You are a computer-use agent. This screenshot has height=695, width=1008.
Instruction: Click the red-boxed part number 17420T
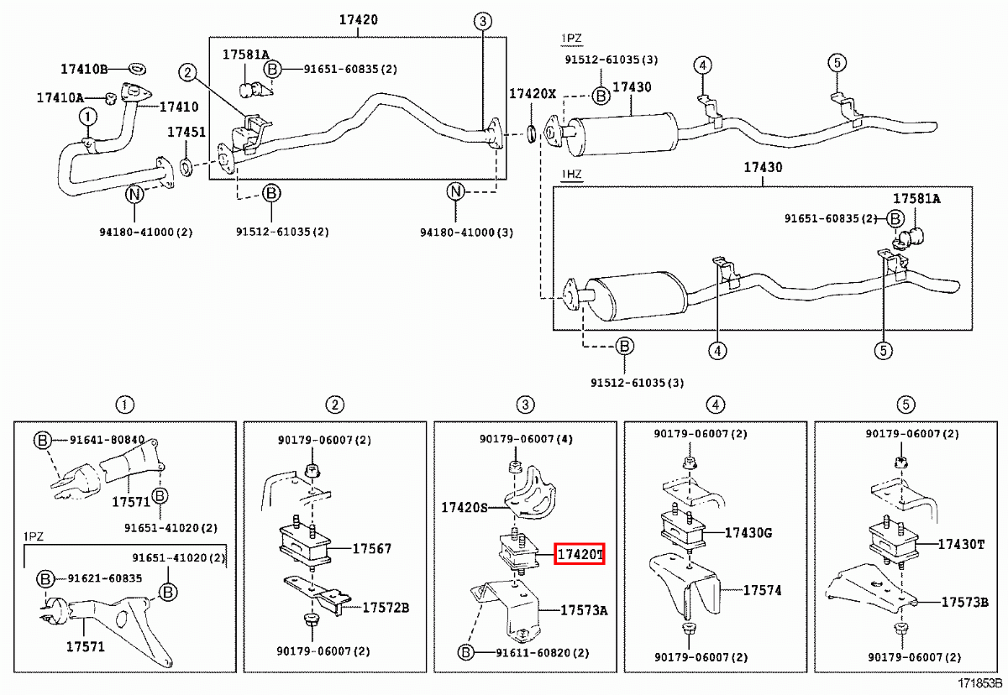pos(579,555)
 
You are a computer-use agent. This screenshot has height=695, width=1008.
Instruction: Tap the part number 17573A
pos(583,610)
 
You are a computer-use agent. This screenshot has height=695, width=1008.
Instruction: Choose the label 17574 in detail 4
pos(762,591)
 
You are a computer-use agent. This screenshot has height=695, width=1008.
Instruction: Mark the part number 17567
pos(371,549)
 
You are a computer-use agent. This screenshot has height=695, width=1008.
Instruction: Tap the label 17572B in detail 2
pos(386,607)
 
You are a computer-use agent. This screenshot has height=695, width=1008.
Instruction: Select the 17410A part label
pos(60,97)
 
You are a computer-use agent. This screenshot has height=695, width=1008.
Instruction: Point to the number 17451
pos(186,132)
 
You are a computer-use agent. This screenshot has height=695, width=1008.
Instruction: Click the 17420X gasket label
pos(533,94)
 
